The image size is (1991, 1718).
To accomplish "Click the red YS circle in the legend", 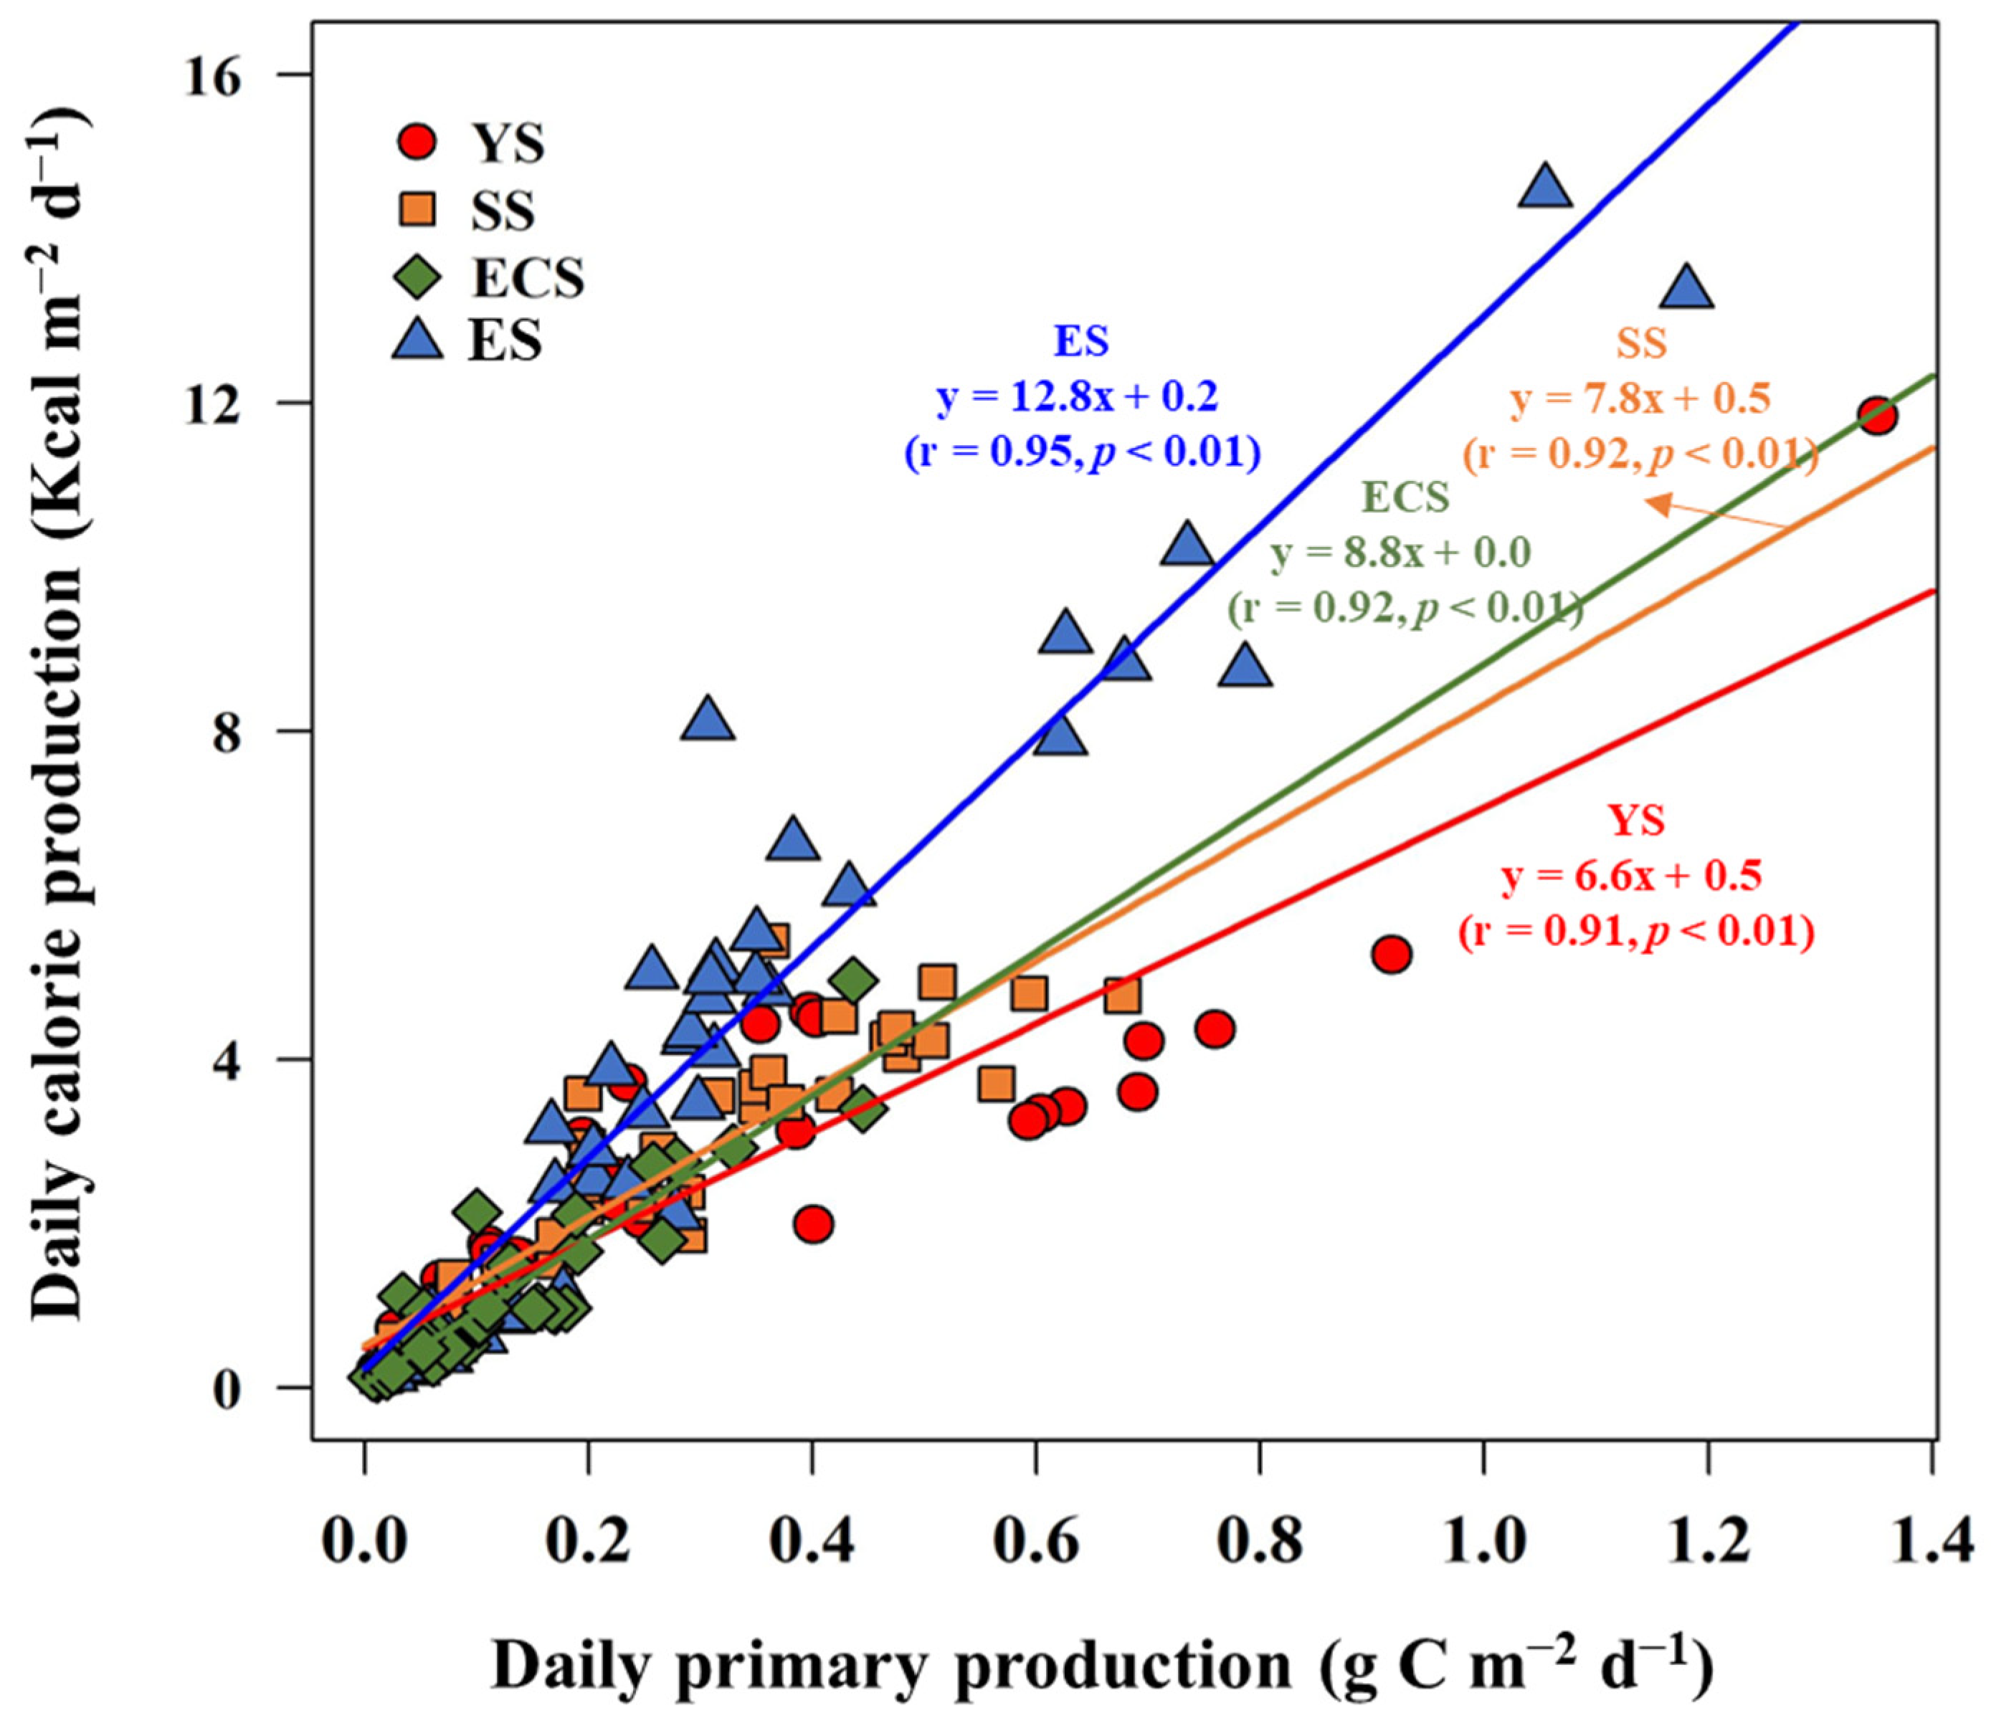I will tap(416, 142).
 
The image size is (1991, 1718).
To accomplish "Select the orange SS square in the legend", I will tap(416, 209).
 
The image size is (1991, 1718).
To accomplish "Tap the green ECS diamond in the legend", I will tap(416, 277).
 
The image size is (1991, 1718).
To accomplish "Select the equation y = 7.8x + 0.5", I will tap(1640, 399).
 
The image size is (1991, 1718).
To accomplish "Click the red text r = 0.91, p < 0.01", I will tap(1635, 931).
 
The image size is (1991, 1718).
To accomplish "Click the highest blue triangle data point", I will tap(1545, 186).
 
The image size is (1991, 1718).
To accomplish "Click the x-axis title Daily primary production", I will tap(1101, 1667).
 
